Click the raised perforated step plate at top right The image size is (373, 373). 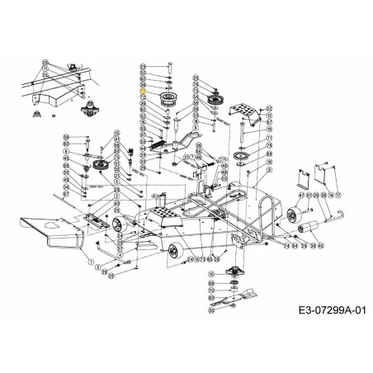point(248,113)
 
